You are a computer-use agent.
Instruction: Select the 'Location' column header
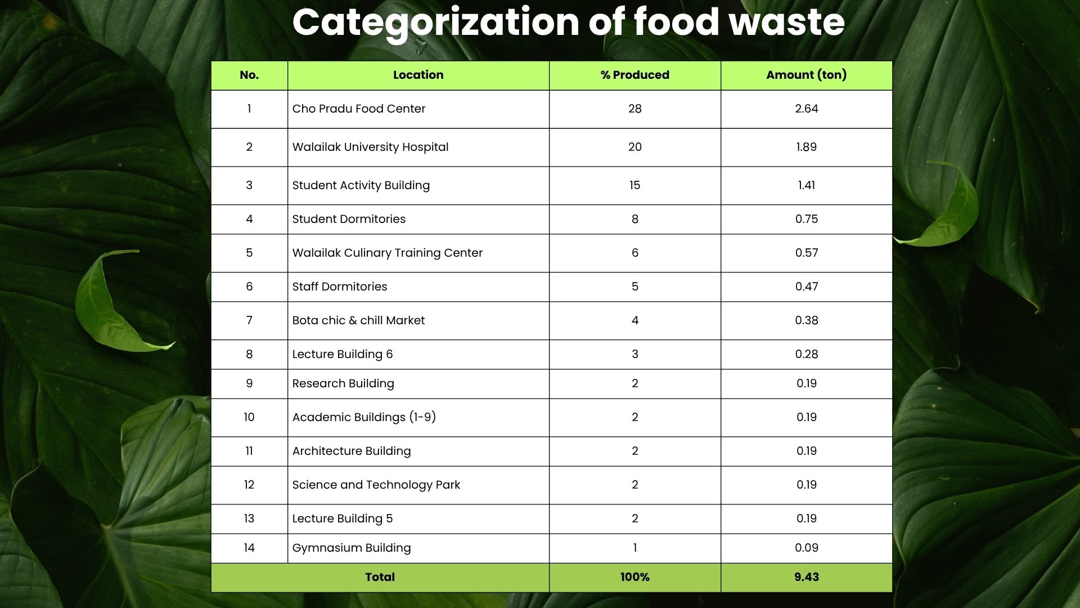pyautogui.click(x=418, y=75)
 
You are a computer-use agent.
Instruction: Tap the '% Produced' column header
pyautogui.click(x=634, y=75)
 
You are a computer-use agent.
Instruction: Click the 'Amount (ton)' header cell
pyautogui.click(x=806, y=75)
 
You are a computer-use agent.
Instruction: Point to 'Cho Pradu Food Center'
pyautogui.click(x=358, y=109)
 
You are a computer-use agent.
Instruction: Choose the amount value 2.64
pyautogui.click(x=806, y=109)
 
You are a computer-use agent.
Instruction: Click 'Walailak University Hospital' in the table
pyautogui.click(x=370, y=147)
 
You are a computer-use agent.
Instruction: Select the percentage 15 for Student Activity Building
pyautogui.click(x=634, y=185)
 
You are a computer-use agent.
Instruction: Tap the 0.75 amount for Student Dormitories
pyautogui.click(x=806, y=219)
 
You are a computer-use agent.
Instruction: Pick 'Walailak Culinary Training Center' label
pyautogui.click(x=387, y=253)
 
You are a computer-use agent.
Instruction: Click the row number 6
pyautogui.click(x=249, y=287)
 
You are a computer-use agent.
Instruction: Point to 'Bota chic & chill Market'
pyautogui.click(x=358, y=320)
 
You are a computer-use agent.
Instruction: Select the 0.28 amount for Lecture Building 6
pyautogui.click(x=806, y=354)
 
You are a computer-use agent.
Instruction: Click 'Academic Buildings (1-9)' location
pyautogui.click(x=364, y=417)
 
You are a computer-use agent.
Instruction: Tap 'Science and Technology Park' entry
pyautogui.click(x=376, y=485)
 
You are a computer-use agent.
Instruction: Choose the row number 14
pyautogui.click(x=249, y=548)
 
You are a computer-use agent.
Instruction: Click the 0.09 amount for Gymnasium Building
pyautogui.click(x=806, y=548)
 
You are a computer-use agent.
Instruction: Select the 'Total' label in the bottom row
pyautogui.click(x=380, y=577)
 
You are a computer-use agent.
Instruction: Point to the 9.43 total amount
pyautogui.click(x=806, y=577)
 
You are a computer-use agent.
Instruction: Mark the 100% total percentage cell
pyautogui.click(x=634, y=577)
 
